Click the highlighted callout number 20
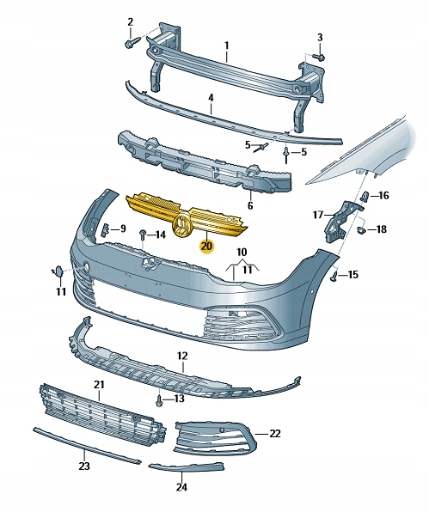205,246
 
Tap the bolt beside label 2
132,40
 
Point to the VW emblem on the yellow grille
182,227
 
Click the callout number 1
227,45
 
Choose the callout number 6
250,206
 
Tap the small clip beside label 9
106,229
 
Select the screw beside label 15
333,275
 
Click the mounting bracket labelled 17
340,220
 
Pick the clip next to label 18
362,229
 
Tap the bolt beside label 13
160,399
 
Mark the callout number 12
181,355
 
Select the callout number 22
274,434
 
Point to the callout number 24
181,486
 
